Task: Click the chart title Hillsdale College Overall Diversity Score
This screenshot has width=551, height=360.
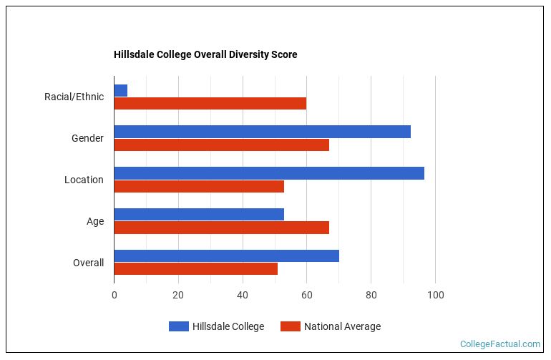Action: click(x=205, y=54)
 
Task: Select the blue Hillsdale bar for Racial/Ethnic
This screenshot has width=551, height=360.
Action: click(x=121, y=90)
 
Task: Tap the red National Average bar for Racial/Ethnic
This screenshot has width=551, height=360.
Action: click(x=210, y=103)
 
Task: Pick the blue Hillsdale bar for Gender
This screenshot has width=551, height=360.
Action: click(x=262, y=132)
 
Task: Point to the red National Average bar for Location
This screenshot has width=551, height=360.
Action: click(x=199, y=186)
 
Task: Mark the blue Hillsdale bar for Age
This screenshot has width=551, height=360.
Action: click(x=199, y=215)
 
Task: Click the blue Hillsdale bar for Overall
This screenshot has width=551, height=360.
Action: click(x=226, y=256)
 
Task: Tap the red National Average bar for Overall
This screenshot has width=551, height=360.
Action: click(x=195, y=269)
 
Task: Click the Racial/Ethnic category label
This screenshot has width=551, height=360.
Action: click(x=74, y=97)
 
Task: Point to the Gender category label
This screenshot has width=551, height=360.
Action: click(x=87, y=138)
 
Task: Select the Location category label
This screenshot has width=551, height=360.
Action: click(x=84, y=180)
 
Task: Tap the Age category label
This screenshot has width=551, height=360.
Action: click(x=95, y=221)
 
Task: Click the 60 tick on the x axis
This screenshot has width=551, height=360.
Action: click(x=306, y=295)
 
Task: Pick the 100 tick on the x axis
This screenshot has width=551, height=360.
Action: click(x=435, y=295)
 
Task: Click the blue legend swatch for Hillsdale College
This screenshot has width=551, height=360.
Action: click(x=178, y=326)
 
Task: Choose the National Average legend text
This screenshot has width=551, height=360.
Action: click(x=342, y=326)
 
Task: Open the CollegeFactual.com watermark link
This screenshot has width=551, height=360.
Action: click(x=499, y=344)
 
